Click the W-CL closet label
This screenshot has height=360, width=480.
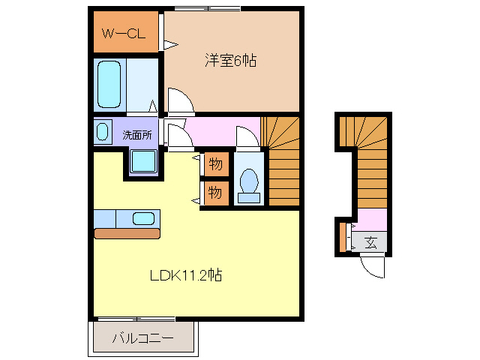click(124, 34)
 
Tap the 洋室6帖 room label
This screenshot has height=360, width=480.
click(231, 61)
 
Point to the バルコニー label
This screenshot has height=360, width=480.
click(142, 339)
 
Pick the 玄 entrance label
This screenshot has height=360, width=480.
click(371, 241)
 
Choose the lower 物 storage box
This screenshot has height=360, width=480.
click(215, 192)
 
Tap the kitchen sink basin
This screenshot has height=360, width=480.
click(143, 218)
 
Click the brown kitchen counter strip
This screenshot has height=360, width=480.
click(127, 233)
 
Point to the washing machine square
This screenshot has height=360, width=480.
click(142, 161)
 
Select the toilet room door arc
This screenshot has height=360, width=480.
click(246, 137)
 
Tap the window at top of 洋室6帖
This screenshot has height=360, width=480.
click(208, 8)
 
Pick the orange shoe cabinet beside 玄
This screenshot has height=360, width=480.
click(343, 237)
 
